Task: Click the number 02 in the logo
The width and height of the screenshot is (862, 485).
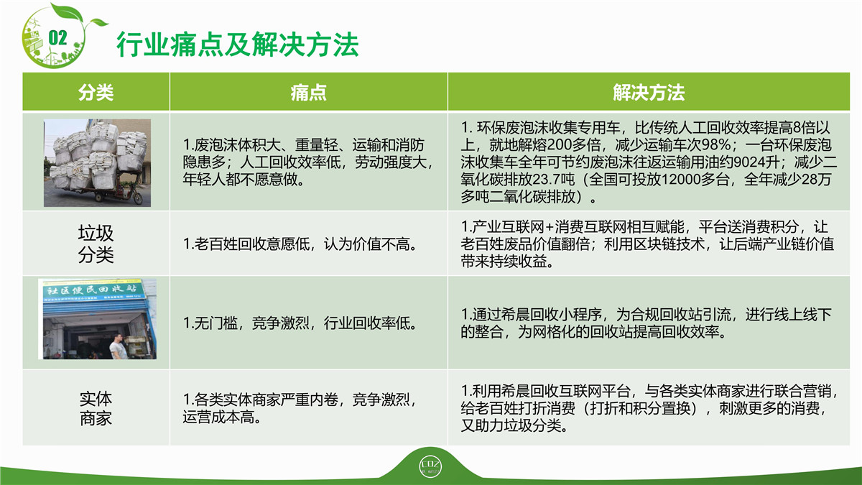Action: (57, 38)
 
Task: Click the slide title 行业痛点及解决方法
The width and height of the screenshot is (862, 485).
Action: (238, 45)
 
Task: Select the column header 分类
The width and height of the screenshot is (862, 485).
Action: (96, 93)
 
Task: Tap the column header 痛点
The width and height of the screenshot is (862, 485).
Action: (309, 93)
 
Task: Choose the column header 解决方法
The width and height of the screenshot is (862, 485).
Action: (649, 93)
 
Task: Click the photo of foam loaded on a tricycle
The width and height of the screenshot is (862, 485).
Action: (98, 163)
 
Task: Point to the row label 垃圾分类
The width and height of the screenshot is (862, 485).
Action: (96, 244)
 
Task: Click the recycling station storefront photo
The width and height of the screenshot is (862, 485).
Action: (98, 319)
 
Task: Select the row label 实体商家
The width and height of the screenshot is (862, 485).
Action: (96, 408)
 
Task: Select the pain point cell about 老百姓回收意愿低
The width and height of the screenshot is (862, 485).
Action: (300, 244)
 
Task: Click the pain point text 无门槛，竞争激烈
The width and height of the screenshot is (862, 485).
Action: (246, 323)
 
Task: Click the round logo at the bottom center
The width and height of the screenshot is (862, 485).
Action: (430, 466)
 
